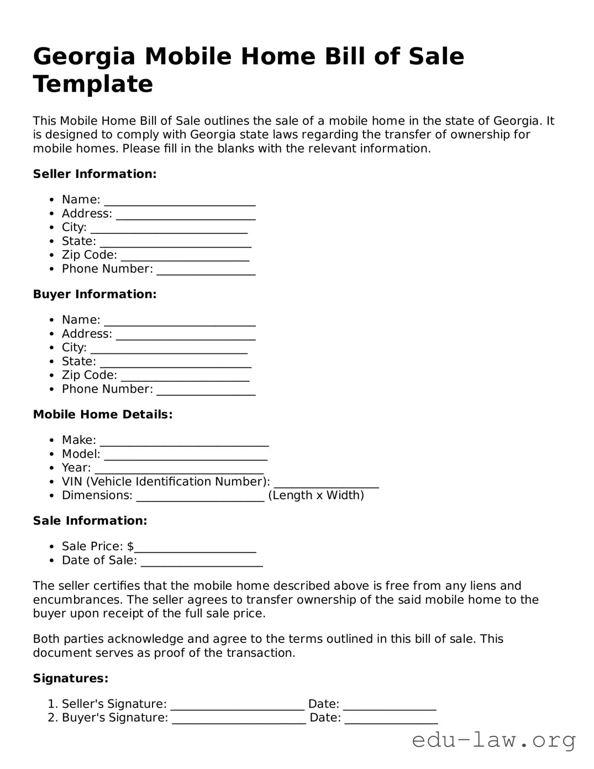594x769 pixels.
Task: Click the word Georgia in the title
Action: tap(84, 57)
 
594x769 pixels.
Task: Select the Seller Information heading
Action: tap(94, 174)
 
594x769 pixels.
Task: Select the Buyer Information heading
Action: tap(94, 294)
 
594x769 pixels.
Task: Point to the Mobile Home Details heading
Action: tap(103, 415)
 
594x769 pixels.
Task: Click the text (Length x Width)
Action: tap(316, 495)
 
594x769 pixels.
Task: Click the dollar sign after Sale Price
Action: tap(130, 546)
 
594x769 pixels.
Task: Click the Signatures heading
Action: tap(71, 678)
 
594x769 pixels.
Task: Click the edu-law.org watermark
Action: tap(493, 740)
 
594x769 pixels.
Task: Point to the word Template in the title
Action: tap(93, 85)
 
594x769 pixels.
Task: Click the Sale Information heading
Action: tap(90, 521)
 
